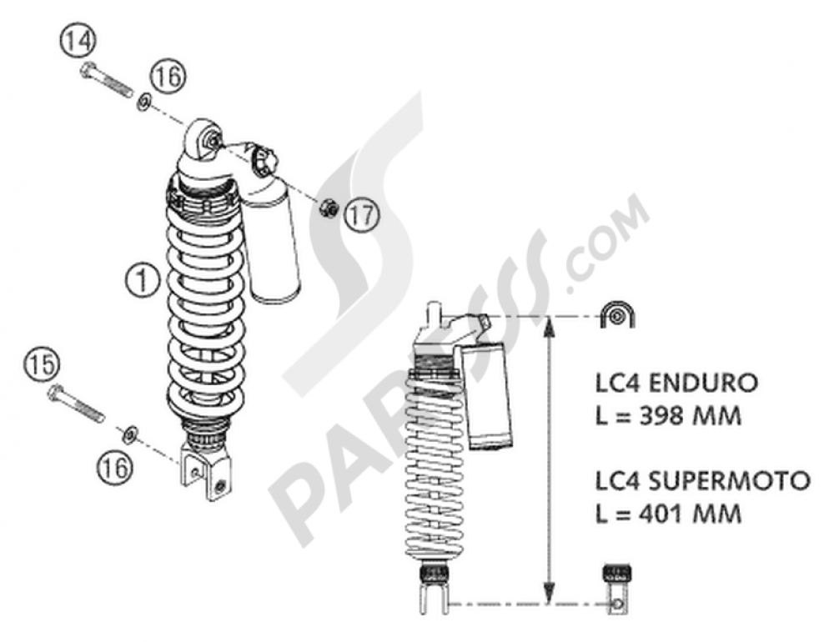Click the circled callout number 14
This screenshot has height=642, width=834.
point(78,41)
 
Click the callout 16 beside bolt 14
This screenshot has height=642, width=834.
point(166,78)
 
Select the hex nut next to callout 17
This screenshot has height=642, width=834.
point(329,210)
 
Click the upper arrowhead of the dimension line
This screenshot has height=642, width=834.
point(548,327)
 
